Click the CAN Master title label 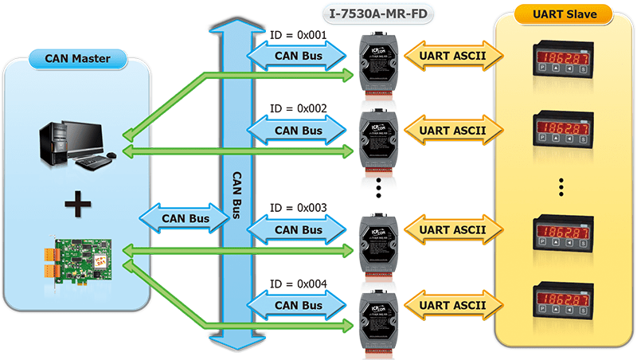point(79,57)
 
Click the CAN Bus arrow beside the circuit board point(186,217)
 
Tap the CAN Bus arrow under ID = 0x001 point(298,56)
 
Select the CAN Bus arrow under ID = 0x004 point(298,305)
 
